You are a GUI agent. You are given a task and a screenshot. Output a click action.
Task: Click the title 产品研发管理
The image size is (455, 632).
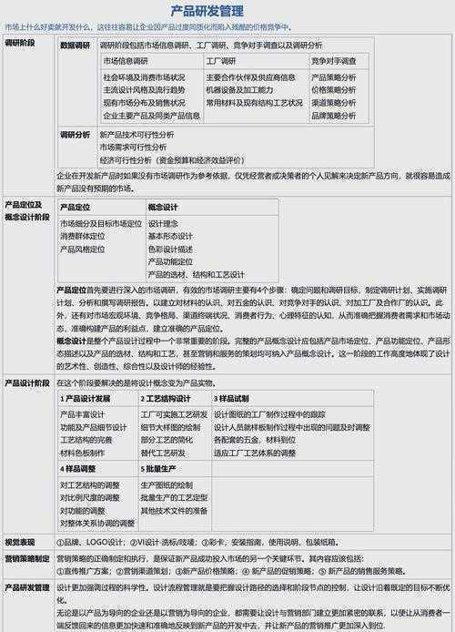click(227, 10)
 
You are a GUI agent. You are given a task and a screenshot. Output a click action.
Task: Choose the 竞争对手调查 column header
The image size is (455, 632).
click(334, 60)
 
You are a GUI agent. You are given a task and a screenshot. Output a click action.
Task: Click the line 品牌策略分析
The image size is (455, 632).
click(334, 116)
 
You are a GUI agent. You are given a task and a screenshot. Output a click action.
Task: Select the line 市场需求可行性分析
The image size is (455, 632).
click(133, 146)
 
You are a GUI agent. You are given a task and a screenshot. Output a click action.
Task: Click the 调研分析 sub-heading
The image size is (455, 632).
click(75, 134)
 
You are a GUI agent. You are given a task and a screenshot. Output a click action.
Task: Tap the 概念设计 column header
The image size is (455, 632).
click(163, 208)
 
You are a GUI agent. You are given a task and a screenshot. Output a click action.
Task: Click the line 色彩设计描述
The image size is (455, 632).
click(170, 248)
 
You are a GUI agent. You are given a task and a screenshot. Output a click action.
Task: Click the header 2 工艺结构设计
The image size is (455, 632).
click(170, 399)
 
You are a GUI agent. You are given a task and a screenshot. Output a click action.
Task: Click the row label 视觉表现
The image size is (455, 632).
click(20, 541)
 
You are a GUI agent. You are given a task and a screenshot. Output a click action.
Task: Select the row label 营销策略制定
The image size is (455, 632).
click(27, 557)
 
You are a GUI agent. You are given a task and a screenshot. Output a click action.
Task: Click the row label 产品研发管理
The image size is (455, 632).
click(27, 587)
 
